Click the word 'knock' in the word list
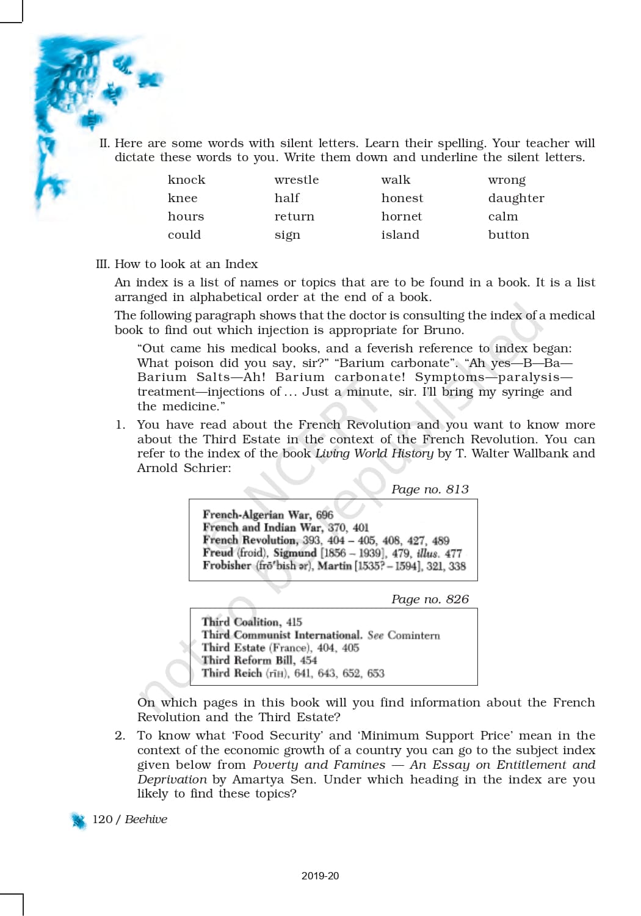point(186,180)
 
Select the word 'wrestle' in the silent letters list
point(296,180)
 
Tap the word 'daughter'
point(516,198)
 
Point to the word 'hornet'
point(401,216)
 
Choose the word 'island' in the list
point(400,234)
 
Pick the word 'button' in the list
point(509,234)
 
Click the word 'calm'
point(502,216)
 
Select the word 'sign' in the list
point(287,235)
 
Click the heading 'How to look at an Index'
point(186,264)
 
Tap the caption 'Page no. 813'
point(430,489)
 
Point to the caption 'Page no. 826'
point(430,599)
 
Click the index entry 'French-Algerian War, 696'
point(268,515)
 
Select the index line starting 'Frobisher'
point(334,565)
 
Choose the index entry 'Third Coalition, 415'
point(252,622)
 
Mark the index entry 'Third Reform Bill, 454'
point(259,660)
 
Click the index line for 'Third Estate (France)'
point(280,647)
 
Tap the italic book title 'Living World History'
point(374,453)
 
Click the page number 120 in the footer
point(102,820)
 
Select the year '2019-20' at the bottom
point(320,876)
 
